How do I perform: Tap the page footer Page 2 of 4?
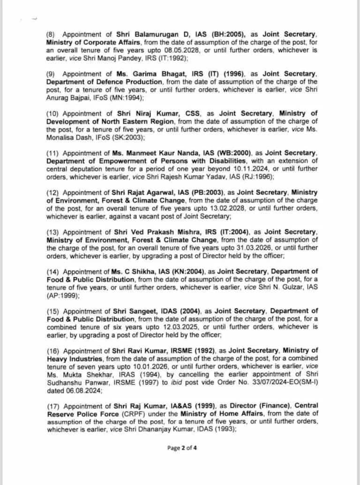click(182, 448)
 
